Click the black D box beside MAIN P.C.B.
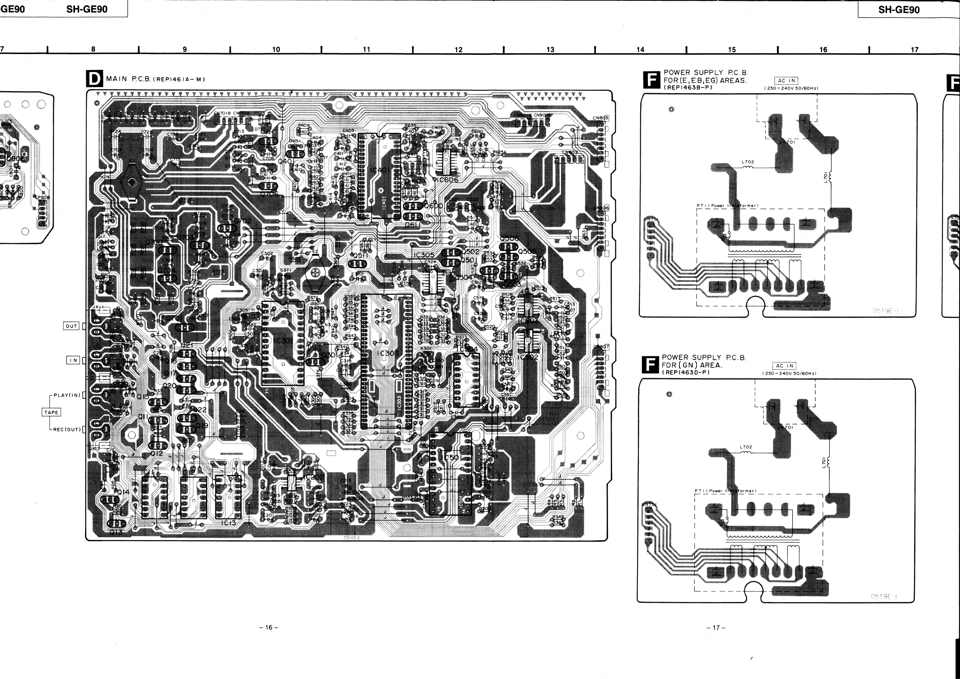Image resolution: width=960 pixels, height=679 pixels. pyautogui.click(x=94, y=79)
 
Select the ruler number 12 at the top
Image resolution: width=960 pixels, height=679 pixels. pyautogui.click(x=459, y=50)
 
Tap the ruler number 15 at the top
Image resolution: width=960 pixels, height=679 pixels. pyautogui.click(x=732, y=50)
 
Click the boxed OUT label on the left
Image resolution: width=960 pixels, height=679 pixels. pyautogui.click(x=71, y=326)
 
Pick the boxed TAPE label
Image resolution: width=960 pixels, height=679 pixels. pyautogui.click(x=52, y=412)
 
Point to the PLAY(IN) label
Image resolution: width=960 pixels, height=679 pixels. pyautogui.click(x=67, y=395)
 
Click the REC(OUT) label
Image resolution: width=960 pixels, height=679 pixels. pyautogui.click(x=67, y=429)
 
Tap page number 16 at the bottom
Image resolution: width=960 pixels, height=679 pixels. pyautogui.click(x=269, y=627)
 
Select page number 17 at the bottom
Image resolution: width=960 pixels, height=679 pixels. pyautogui.click(x=716, y=627)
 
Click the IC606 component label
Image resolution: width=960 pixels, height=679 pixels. pyautogui.click(x=448, y=180)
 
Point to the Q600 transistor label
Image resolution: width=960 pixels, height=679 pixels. pyautogui.click(x=433, y=206)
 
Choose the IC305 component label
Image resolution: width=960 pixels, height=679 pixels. pyautogui.click(x=424, y=255)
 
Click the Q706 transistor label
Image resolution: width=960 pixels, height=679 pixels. pyautogui.click(x=269, y=194)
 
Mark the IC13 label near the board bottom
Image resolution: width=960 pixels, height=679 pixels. pyautogui.click(x=228, y=523)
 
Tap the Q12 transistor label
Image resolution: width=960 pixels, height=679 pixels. pyautogui.click(x=157, y=453)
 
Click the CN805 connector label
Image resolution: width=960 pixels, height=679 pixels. pyautogui.click(x=600, y=118)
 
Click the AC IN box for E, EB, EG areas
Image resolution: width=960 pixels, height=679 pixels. pyautogui.click(x=787, y=80)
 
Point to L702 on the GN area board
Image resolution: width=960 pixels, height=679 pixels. pyautogui.click(x=746, y=447)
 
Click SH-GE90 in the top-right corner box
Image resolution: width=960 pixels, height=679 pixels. pyautogui.click(x=899, y=10)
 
